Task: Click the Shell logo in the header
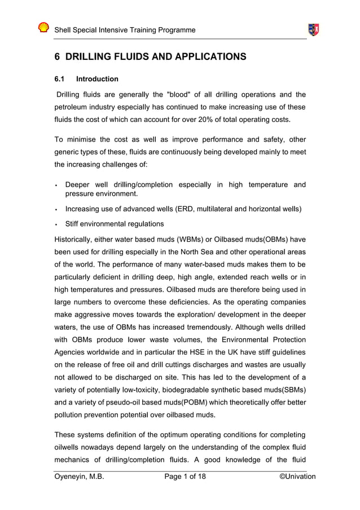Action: click(43, 28)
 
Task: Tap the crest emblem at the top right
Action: click(313, 29)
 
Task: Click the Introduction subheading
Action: click(97, 79)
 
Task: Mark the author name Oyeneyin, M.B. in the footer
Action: click(79, 477)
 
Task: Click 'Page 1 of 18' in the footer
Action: click(185, 477)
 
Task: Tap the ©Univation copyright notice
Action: click(297, 477)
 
